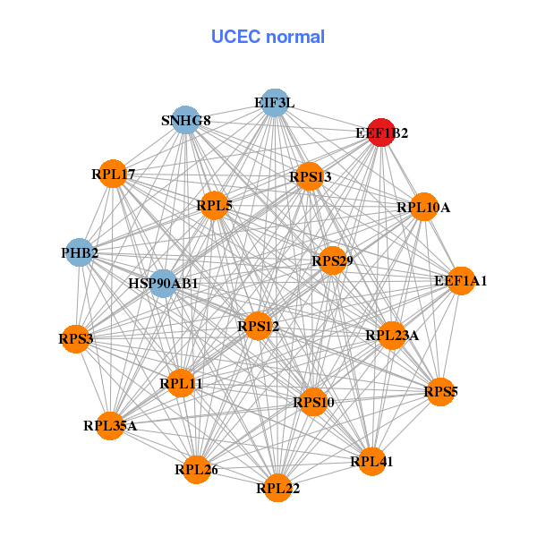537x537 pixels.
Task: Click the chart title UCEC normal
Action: pyautogui.click(x=268, y=37)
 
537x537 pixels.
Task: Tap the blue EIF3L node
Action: pyautogui.click(x=274, y=103)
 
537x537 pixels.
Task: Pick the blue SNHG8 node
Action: pyautogui.click(x=185, y=121)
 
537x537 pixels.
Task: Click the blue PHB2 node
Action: pyautogui.click(x=81, y=252)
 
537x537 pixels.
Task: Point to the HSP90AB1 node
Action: pyautogui.click(x=164, y=284)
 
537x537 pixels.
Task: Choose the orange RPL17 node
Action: pyautogui.click(x=113, y=173)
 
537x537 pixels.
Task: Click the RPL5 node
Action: pyautogui.click(x=215, y=206)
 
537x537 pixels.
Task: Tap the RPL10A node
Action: pyautogui.click(x=423, y=207)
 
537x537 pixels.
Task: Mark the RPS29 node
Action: pyautogui.click(x=332, y=260)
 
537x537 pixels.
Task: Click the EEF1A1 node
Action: pyautogui.click(x=461, y=281)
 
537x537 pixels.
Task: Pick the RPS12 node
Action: pyautogui.click(x=258, y=327)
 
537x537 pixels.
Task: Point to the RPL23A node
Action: pyautogui.click(x=392, y=336)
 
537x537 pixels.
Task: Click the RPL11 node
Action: pyautogui.click(x=181, y=383)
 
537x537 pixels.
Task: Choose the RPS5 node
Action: pyautogui.click(x=439, y=390)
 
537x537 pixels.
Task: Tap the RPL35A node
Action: pyautogui.click(x=110, y=425)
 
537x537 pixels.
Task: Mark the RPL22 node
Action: pyautogui.click(x=277, y=488)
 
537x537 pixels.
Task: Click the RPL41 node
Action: pyautogui.click(x=371, y=462)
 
